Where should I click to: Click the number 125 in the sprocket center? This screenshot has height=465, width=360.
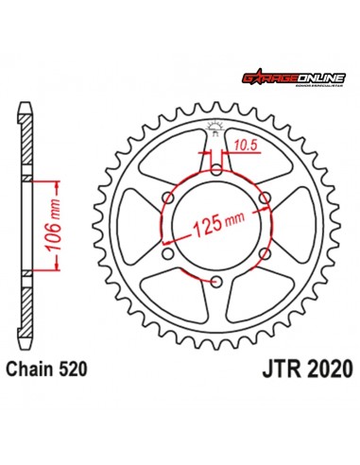tap(207, 226)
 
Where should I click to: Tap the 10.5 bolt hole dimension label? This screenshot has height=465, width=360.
tap(244, 146)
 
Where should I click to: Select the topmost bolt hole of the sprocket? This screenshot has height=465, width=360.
tap(216, 170)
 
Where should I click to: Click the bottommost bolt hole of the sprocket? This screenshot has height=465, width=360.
tap(216, 282)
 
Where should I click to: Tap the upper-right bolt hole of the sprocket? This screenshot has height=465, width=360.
tap(266, 198)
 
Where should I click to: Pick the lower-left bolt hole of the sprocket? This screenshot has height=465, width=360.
tap(168, 253)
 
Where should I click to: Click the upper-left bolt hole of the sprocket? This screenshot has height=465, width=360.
tap(168, 198)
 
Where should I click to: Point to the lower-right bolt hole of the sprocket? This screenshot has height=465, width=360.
tap(266, 253)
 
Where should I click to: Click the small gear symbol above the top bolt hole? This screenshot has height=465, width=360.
tap(216, 130)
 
